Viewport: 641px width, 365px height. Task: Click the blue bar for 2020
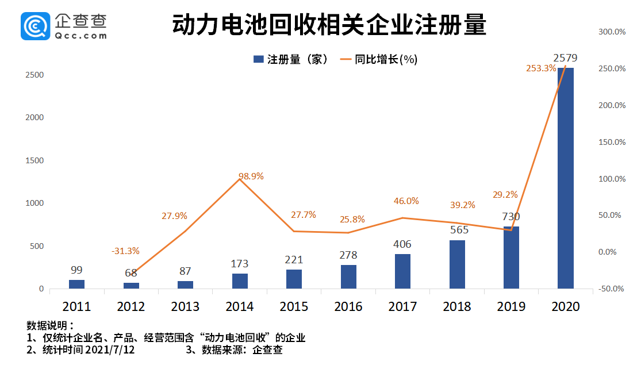(x=565, y=178)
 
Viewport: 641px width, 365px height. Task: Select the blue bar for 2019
(x=511, y=258)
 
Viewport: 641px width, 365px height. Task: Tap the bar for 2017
(x=402, y=271)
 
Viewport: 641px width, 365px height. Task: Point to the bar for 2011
(x=76, y=284)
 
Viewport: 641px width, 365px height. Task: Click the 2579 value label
(x=565, y=58)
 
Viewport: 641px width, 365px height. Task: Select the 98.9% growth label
(x=251, y=176)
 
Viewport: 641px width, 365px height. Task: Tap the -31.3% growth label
(x=125, y=251)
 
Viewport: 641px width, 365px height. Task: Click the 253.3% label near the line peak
(x=541, y=68)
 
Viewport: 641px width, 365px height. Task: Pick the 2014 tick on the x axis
(x=239, y=306)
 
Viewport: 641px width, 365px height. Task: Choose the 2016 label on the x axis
(x=348, y=306)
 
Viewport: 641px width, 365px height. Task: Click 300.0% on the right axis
(x=612, y=32)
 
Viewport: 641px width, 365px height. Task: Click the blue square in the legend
(x=258, y=59)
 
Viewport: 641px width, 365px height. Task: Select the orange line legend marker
(x=345, y=59)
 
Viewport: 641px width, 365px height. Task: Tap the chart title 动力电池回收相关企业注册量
(x=329, y=26)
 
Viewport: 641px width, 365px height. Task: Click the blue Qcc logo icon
(x=36, y=26)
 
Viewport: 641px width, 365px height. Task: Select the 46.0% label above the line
(x=406, y=201)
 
